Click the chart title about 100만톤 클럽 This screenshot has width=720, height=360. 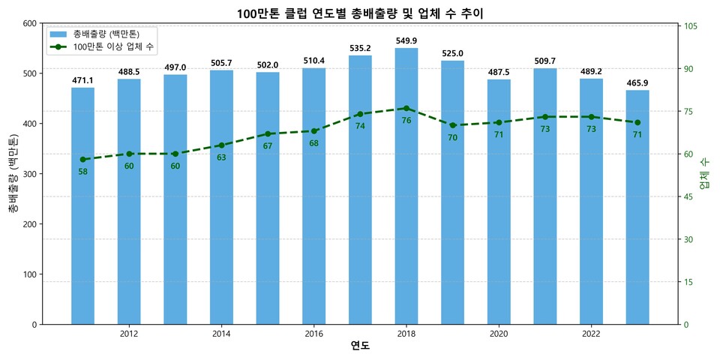pyautogui.click(x=360, y=13)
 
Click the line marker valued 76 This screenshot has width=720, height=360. pyautogui.click(x=406, y=108)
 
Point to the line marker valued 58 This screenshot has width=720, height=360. pyautogui.click(x=82, y=160)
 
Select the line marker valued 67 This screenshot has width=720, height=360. pyautogui.click(x=268, y=134)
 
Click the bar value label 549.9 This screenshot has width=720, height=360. pyautogui.click(x=406, y=40)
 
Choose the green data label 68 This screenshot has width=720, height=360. pyautogui.click(x=314, y=143)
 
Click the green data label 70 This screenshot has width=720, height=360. pyautogui.click(x=453, y=138)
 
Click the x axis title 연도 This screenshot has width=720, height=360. pyautogui.click(x=360, y=346)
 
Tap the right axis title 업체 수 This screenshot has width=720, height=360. pyautogui.click(x=705, y=174)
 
